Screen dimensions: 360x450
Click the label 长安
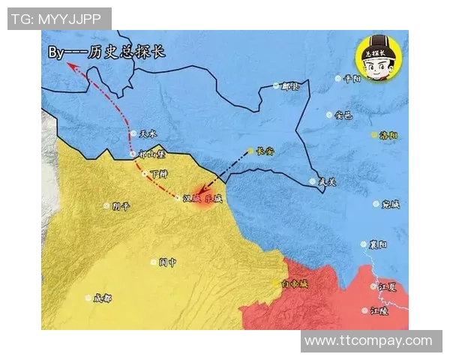click(265, 151)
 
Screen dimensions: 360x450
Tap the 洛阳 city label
click(389, 135)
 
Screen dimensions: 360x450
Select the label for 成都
click(102, 298)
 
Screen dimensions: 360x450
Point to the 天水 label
click(148, 134)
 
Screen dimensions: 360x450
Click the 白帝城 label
click(294, 283)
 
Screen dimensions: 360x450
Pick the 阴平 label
click(121, 205)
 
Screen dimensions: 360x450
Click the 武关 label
click(328, 181)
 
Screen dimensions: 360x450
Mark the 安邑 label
click(343, 115)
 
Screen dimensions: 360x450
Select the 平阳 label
click(352, 78)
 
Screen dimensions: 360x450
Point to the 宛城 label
click(391, 204)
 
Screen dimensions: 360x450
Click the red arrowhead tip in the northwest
click(68, 65)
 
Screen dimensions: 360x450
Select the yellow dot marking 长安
click(250, 151)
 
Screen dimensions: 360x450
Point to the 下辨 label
click(158, 173)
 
